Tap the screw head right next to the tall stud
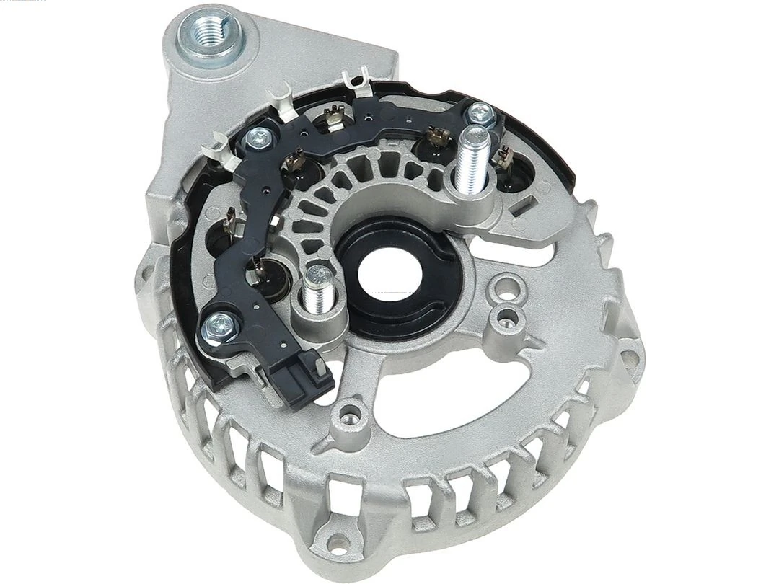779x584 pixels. coord(480,114)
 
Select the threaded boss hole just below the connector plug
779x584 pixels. coord(351,414)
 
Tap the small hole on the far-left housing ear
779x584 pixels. coord(144,277)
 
